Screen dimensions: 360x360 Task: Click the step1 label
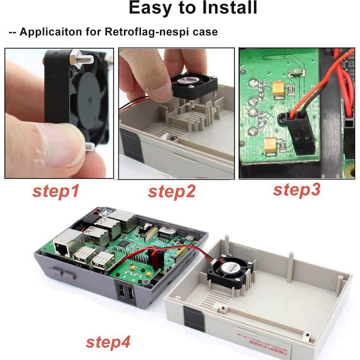(56, 191)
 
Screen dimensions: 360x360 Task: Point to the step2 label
(172, 192)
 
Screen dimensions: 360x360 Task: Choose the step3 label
(297, 190)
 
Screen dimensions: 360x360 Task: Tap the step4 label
(108, 342)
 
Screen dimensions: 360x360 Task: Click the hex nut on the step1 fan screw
(76, 57)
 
